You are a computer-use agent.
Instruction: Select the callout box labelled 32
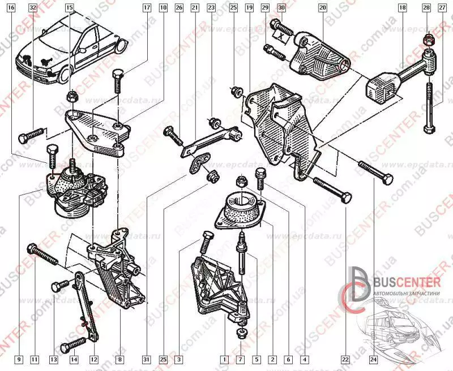point(32,8)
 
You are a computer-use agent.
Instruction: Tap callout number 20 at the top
point(323,8)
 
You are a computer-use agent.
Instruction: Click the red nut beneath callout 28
point(428,40)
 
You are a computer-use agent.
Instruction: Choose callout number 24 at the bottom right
point(373,359)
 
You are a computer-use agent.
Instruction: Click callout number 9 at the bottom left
point(19,359)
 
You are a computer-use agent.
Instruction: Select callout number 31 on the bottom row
point(146,359)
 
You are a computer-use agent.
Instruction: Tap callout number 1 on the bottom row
point(224,359)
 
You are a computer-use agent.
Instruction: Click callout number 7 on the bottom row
point(240,359)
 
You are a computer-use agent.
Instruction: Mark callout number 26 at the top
point(179,8)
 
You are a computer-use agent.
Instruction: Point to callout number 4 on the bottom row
point(304,359)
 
